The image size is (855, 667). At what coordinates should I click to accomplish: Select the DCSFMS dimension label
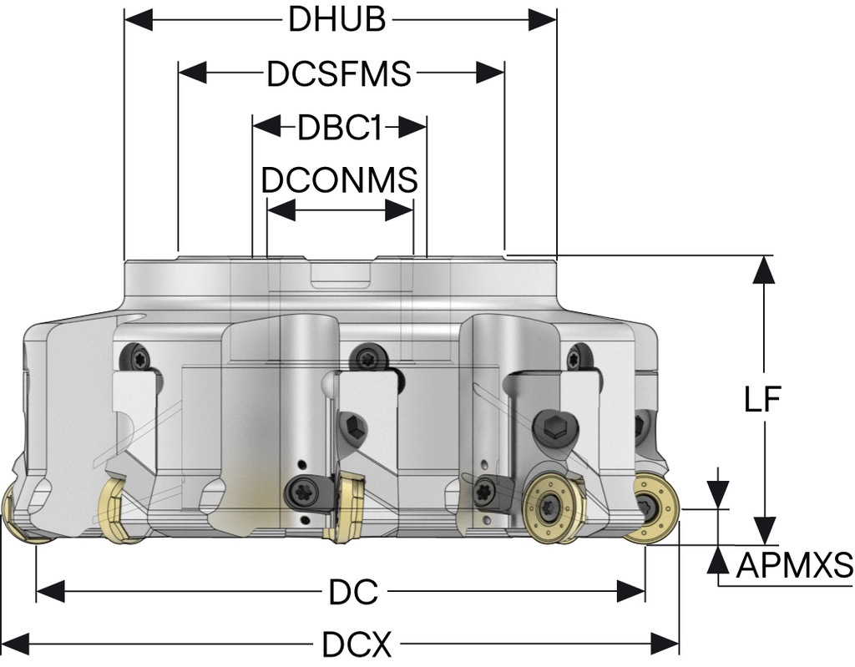pos(339,73)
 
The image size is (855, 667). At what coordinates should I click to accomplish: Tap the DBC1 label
pos(339,128)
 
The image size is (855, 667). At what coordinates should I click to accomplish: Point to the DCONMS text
pos(339,179)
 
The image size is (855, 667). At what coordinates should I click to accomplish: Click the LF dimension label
pos(762,400)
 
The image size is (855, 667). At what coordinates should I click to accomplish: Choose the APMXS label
pos(793,566)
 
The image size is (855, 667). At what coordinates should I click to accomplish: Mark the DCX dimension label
pos(357,644)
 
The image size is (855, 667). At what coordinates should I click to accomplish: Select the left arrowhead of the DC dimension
pos(50,593)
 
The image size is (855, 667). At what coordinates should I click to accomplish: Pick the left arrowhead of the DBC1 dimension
pos(266,128)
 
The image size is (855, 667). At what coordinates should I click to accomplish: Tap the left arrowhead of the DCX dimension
pos(16,644)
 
